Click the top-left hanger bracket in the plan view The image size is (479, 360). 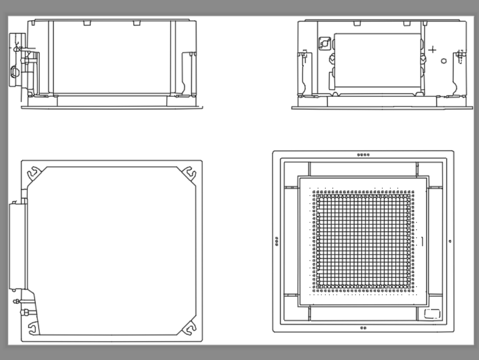(34, 173)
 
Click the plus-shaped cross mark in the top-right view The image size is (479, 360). (432, 49)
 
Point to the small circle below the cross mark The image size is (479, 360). (444, 60)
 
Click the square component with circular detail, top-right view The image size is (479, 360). (324, 44)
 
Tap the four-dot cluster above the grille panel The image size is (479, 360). (363, 155)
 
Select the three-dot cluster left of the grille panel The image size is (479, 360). (277, 242)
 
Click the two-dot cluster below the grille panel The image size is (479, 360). (363, 328)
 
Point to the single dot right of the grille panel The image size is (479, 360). (449, 241)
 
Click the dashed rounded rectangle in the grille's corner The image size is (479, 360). (432, 314)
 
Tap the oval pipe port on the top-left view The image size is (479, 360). (15, 72)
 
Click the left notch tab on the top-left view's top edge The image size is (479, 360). (87, 23)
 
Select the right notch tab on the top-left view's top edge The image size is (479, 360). (137, 23)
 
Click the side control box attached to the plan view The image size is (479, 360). (16, 246)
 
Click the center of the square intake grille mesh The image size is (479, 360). (363, 241)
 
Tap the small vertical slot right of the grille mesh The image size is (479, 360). (422, 241)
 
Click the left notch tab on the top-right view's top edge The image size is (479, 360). (357, 23)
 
